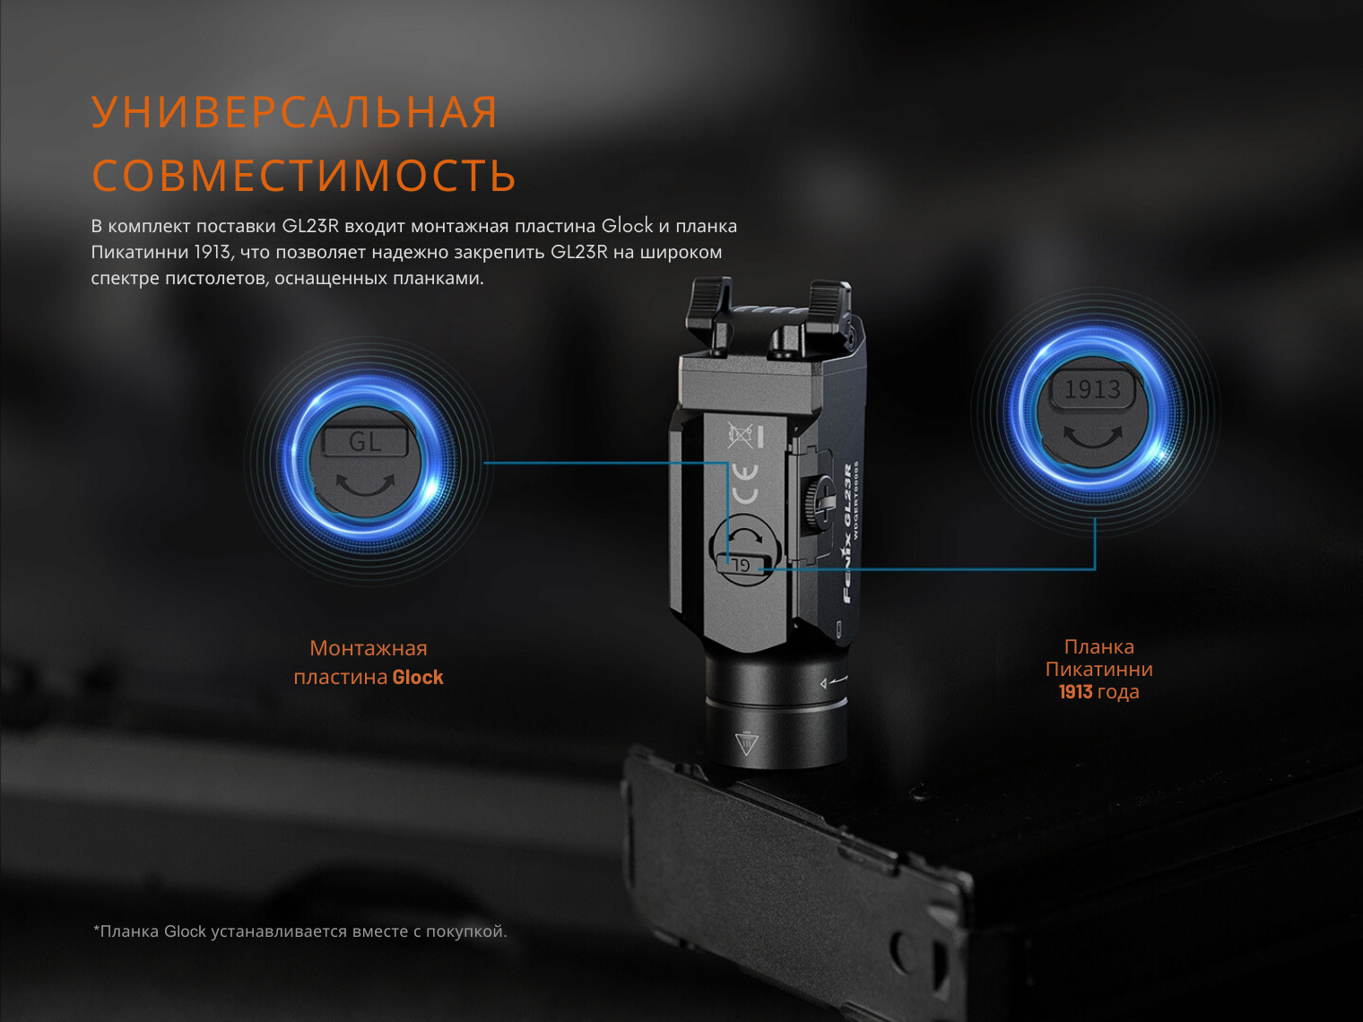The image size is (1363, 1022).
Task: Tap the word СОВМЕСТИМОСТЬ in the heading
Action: pos(304,175)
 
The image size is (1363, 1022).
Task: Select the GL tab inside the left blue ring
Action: pos(365,442)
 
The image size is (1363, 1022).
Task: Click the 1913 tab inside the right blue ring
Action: pos(1093,390)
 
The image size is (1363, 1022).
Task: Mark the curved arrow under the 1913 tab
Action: pos(1093,437)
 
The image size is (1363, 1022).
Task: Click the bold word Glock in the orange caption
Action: pos(418,677)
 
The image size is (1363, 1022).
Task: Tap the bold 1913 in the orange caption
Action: pos(1075,692)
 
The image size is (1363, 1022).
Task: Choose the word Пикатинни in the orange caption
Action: pos(1099,669)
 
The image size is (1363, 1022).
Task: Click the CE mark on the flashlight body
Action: pos(744,484)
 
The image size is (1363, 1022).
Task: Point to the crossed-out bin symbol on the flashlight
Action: pos(740,436)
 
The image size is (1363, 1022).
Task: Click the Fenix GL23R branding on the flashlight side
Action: pos(848,533)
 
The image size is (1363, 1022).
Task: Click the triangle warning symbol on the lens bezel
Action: pos(745,743)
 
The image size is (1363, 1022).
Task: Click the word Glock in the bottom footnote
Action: pos(185,931)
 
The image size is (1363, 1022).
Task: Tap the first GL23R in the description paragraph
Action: pos(310,226)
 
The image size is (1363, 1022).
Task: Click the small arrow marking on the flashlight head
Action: pos(833,682)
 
